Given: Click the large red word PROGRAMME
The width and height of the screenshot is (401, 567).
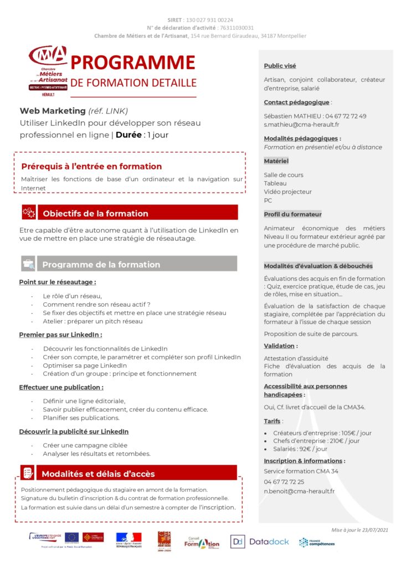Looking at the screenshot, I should click(133, 63).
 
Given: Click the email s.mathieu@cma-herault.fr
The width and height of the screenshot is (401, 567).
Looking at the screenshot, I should click(301, 125).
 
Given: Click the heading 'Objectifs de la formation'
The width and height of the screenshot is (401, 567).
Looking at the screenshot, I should click(95, 213).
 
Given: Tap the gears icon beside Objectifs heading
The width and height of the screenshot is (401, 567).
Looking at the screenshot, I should click(28, 213).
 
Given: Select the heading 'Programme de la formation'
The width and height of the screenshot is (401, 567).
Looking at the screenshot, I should click(101, 264).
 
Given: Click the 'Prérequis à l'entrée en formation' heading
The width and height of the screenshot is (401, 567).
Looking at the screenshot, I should click(91, 166).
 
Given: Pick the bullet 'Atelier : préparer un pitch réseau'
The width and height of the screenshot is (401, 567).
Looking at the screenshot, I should click(92, 321).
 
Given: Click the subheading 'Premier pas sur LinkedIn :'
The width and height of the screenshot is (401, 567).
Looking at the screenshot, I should click(60, 335).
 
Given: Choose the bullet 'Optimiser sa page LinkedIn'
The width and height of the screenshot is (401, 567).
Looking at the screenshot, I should click(85, 365).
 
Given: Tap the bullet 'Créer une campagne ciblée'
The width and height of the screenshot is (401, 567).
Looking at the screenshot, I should click(85, 445).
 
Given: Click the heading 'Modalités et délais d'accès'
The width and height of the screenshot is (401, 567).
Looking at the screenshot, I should click(98, 473).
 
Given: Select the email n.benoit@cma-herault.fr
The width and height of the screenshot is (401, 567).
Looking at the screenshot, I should click(299, 491).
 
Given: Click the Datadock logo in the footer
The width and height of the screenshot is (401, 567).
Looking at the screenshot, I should click(260, 542).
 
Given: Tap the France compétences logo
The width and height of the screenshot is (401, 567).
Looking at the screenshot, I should click(317, 542).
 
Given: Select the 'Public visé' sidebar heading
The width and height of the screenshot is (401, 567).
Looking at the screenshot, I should click(280, 66).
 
